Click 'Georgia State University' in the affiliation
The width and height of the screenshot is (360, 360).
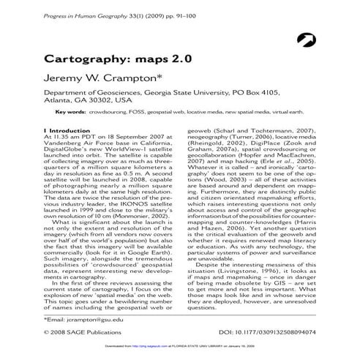click(176, 93)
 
